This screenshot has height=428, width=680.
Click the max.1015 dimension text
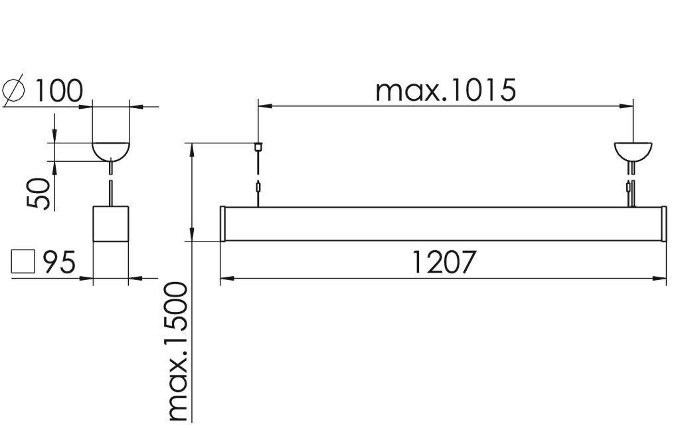click(445, 90)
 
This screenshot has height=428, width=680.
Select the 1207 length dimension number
click(444, 263)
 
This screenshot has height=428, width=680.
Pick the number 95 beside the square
click(59, 263)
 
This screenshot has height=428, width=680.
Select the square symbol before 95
click(23, 262)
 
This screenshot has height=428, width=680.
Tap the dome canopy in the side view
click(110, 151)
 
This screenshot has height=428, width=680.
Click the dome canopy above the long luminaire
click(633, 152)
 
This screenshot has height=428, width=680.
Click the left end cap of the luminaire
click(223, 224)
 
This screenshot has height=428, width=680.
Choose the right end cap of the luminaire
click(663, 224)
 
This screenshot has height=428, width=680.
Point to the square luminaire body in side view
click(110, 224)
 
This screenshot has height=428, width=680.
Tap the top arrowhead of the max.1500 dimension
click(192, 147)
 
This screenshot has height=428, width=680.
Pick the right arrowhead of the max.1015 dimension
click(628, 106)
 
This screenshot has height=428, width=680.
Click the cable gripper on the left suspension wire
click(258, 188)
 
